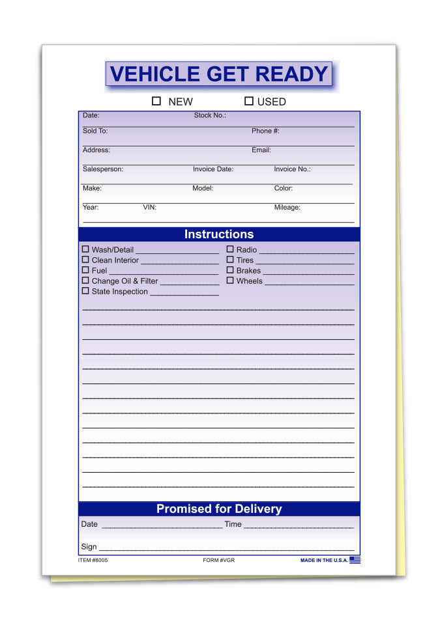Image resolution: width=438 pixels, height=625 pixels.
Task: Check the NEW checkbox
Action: point(156,101)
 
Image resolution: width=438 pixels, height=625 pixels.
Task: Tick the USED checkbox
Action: point(248,101)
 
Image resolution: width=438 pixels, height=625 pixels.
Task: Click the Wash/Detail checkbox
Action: point(85,249)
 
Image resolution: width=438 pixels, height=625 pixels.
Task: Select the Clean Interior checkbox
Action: point(85,260)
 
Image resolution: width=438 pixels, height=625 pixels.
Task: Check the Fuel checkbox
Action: point(85,270)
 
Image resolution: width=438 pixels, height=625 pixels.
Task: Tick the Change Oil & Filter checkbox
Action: point(85,281)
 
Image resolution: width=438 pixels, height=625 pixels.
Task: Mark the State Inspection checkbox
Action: point(85,291)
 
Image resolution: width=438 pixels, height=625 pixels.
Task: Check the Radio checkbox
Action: point(230,249)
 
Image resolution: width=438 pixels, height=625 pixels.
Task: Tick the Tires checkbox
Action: point(230,260)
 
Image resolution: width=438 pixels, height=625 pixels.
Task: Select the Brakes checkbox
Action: point(230,270)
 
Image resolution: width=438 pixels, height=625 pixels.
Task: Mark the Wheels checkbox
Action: point(230,281)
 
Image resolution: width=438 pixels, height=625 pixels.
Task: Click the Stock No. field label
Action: point(210,115)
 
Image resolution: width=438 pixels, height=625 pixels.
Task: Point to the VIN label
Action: point(149,208)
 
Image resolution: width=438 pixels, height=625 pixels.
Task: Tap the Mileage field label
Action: point(287,208)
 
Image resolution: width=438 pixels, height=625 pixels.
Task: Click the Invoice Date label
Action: point(212,169)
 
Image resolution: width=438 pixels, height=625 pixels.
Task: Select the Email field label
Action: point(261,150)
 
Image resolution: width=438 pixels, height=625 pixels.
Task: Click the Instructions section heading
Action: point(219,234)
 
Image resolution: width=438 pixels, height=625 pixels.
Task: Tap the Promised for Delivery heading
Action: point(219,509)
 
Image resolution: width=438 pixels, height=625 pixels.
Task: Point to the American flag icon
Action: point(355,560)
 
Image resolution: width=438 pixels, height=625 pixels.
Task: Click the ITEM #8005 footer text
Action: point(93,560)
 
